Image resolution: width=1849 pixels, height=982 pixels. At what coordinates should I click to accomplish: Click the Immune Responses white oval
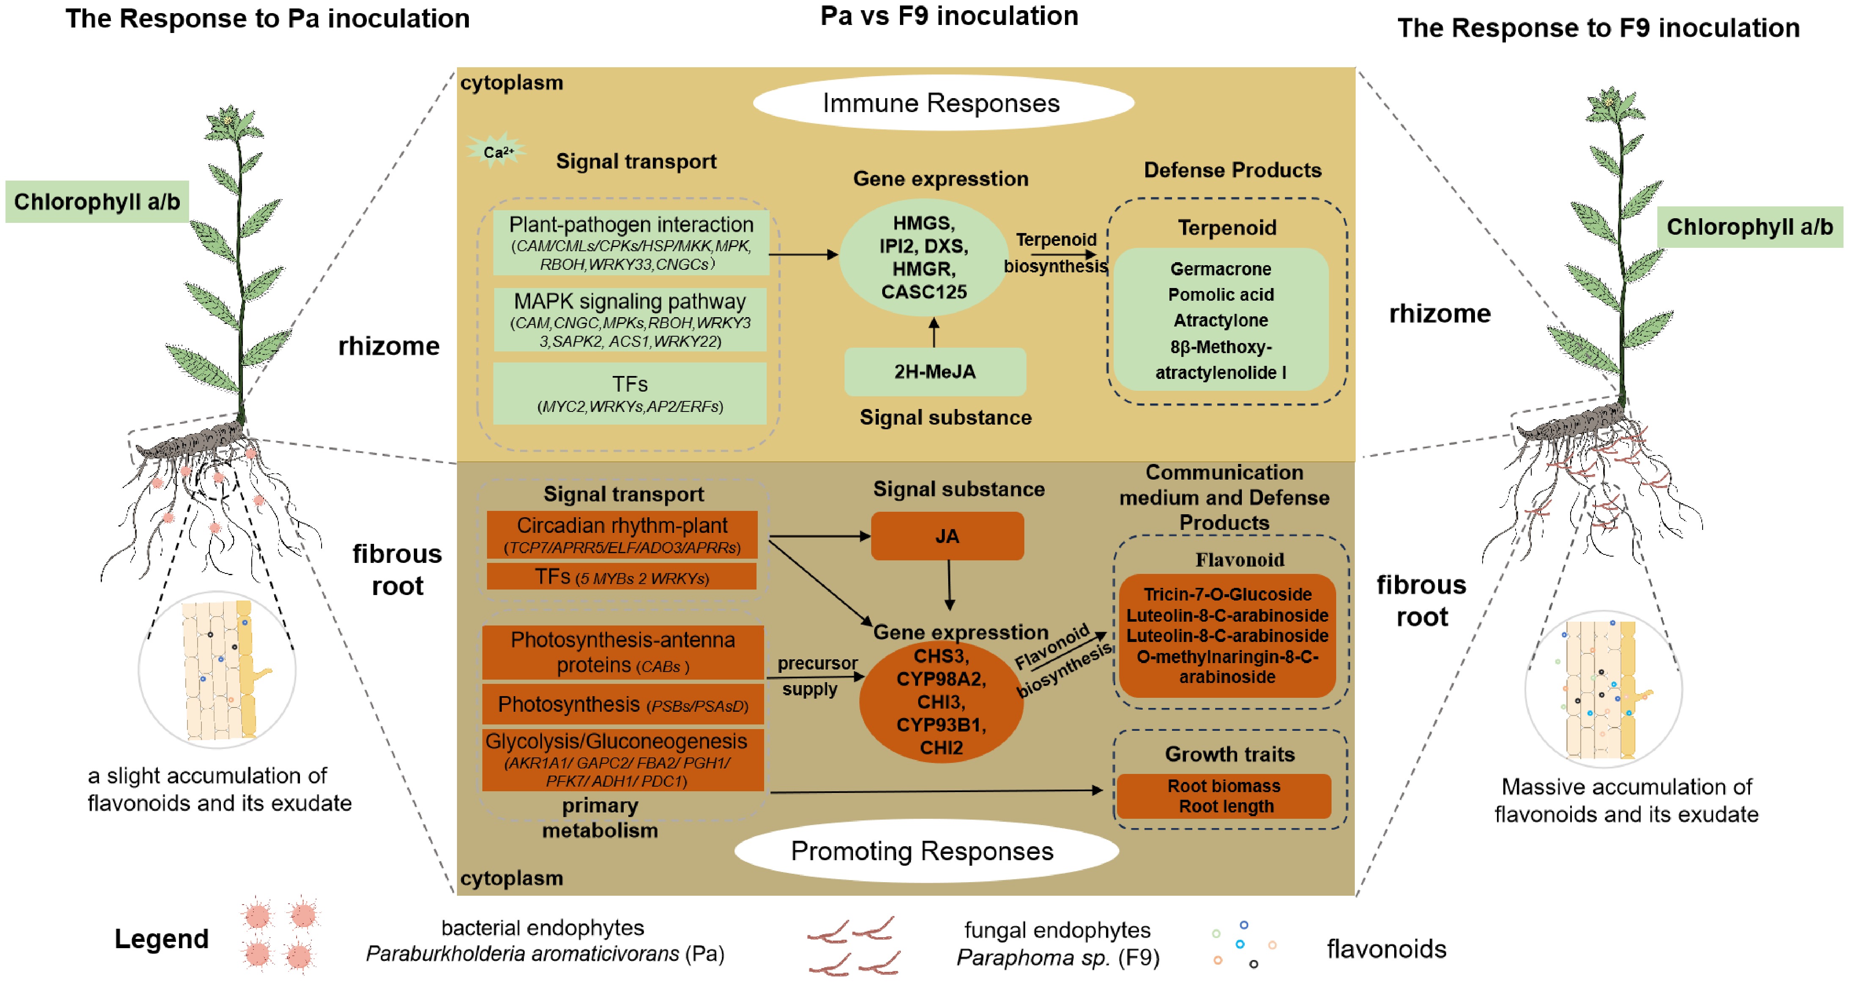(942, 103)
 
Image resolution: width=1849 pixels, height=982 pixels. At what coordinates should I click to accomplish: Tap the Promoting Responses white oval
(925, 851)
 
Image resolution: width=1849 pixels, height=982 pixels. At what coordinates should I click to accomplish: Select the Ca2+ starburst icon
(497, 151)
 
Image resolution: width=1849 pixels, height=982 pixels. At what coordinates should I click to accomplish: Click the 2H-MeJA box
(935, 372)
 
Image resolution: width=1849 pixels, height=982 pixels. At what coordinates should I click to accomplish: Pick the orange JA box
(947, 536)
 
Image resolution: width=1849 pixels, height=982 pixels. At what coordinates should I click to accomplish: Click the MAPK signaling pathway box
(630, 320)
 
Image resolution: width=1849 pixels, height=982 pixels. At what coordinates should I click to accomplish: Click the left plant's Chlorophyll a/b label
(97, 202)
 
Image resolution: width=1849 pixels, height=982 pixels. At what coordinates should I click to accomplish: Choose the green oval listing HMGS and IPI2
(924, 258)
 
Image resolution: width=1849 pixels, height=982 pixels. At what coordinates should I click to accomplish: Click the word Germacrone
(1220, 269)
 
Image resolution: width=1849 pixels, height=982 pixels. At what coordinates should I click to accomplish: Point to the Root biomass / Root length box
(1224, 795)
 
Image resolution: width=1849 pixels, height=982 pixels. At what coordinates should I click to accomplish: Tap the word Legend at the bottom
(162, 939)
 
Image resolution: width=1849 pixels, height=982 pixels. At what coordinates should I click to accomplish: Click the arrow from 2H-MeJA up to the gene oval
(934, 333)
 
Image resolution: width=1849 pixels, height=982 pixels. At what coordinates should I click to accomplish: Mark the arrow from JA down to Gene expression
(949, 584)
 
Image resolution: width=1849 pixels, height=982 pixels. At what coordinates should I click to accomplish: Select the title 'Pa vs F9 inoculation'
(949, 16)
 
